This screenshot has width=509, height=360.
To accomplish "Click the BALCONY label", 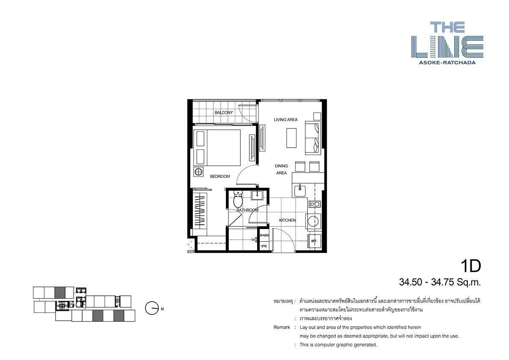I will point(224,113).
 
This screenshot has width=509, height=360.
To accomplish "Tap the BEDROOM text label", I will point(220,176).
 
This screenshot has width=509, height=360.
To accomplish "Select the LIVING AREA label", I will point(286,120).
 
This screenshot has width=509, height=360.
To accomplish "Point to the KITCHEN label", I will point(287,220).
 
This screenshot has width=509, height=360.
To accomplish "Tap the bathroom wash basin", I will point(257,195).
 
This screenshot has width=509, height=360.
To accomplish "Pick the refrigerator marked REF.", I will point(314,241).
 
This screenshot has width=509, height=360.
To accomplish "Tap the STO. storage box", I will point(264,246).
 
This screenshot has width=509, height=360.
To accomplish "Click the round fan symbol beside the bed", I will point(198,172).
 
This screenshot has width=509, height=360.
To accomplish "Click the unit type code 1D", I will point(471,266).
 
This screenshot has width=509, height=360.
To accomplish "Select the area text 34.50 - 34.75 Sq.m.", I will point(440,282).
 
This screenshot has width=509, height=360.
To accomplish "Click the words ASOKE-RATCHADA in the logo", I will point(447,62).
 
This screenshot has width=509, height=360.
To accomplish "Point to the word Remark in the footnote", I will point(281,327).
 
